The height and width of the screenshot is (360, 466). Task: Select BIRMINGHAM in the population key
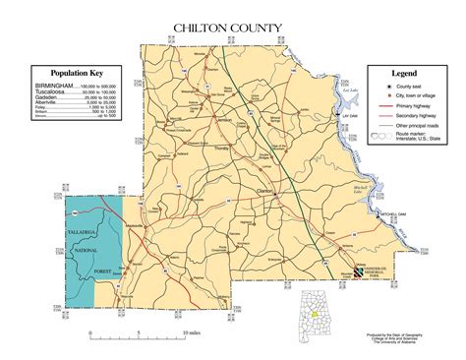(55, 87)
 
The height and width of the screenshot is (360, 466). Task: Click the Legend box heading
(406, 74)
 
